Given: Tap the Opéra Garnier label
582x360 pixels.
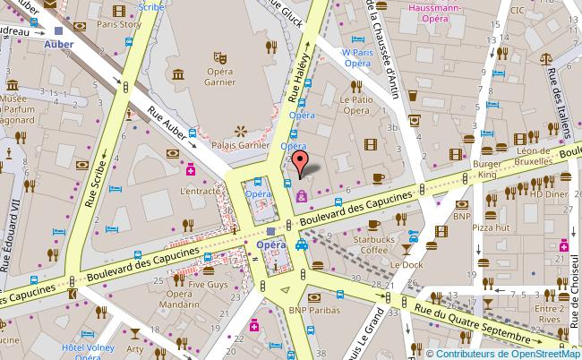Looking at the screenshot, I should click(x=220, y=78).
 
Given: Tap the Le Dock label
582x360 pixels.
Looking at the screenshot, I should click(x=406, y=265).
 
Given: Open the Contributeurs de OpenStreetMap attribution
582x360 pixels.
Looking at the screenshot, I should click(x=502, y=352).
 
